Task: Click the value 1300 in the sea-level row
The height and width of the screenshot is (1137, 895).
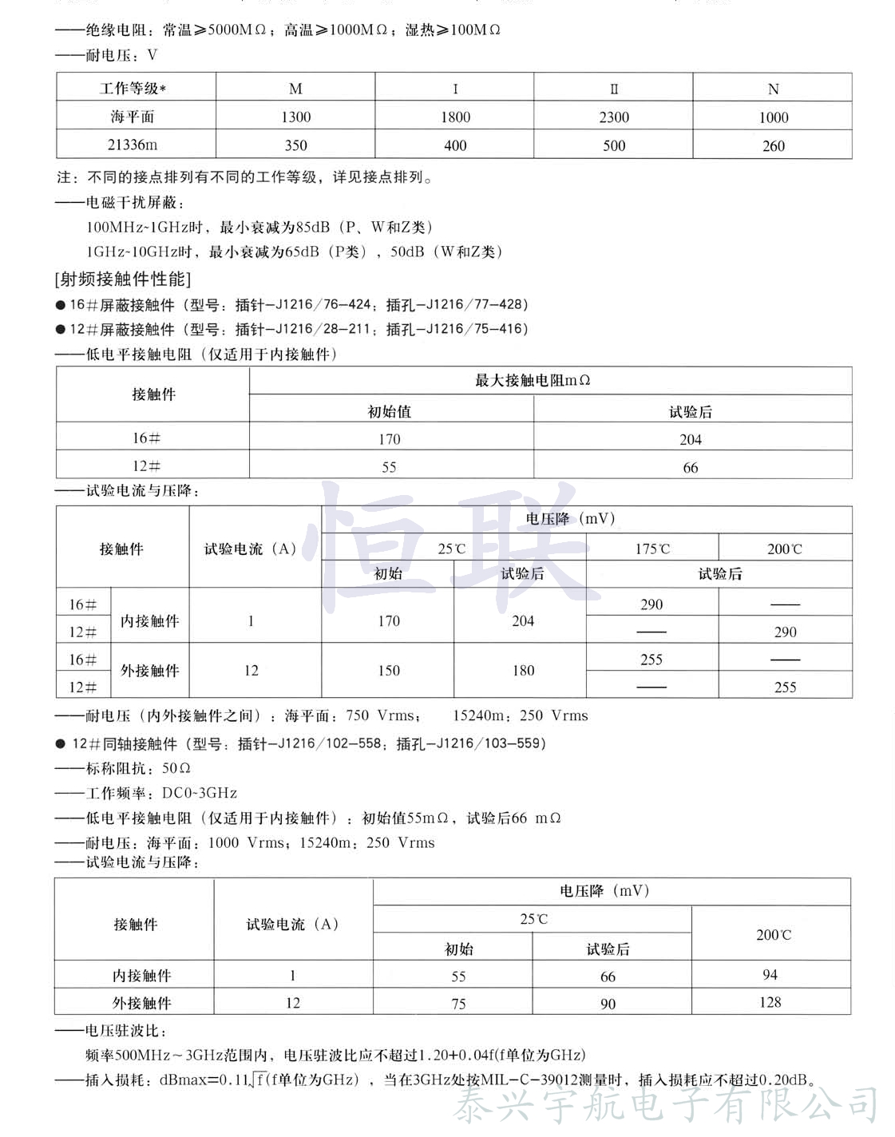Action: coord(295,117)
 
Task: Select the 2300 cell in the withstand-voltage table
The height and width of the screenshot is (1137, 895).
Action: coord(614,117)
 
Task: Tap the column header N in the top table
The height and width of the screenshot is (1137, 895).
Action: coord(773,89)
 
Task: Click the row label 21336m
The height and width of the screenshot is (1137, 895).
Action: coord(133,145)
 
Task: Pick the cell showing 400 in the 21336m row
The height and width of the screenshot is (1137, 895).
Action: coord(455,145)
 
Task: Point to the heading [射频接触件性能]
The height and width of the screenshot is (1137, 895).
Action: coord(123,279)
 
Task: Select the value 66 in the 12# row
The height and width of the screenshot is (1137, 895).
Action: coord(691,467)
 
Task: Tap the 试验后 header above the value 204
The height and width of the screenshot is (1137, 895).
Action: coord(691,412)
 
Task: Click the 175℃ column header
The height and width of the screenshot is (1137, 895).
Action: coord(652,549)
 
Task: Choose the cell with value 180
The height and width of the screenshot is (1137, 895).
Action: coord(523,671)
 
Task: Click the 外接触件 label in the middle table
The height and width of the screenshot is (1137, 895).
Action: coord(150,671)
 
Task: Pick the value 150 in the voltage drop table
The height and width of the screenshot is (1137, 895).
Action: coord(389,671)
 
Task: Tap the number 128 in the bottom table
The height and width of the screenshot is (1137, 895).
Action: coord(770,1002)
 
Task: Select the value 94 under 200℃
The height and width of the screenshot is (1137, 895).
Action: coord(770,975)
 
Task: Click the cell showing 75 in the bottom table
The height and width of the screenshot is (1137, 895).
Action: coord(458,1004)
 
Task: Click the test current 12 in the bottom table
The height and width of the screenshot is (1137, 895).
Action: coord(293,1003)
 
